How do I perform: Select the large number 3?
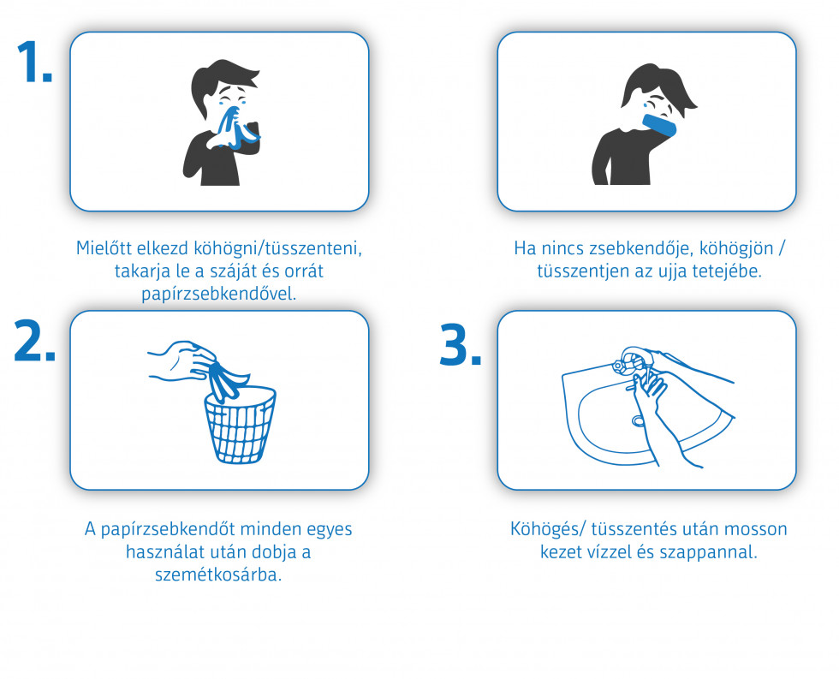[x=461, y=345]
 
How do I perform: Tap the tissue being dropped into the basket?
[x=225, y=377]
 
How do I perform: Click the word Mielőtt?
[x=105, y=248]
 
